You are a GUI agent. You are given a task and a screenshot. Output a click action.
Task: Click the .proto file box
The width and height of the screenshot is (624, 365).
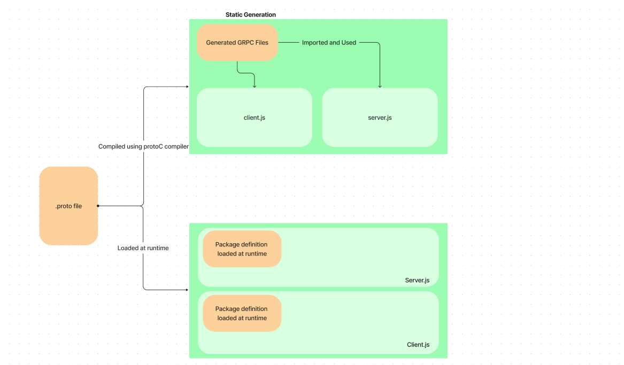(x=68, y=206)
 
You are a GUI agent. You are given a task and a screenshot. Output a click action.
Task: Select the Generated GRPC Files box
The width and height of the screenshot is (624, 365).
(x=237, y=42)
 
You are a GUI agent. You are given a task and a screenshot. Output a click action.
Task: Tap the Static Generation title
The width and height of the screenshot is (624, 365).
(x=250, y=14)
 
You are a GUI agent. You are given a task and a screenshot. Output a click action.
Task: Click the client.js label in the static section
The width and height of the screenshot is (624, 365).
(x=254, y=118)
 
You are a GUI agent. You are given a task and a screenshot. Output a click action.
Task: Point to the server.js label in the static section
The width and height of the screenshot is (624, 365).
(x=380, y=118)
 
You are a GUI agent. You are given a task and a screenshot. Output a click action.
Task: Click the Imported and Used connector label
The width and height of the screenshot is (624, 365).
(x=329, y=42)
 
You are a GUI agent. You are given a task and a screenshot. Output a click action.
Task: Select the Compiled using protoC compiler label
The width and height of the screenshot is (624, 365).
(x=143, y=146)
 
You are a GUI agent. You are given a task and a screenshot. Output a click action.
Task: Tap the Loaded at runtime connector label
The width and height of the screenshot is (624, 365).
(x=143, y=248)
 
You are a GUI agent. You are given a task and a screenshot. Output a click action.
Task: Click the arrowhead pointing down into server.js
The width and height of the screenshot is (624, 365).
(x=380, y=86)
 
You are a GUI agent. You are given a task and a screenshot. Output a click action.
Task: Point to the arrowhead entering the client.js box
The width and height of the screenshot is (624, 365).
(x=255, y=86)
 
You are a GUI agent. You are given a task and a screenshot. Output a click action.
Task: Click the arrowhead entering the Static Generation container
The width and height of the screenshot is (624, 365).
(x=187, y=87)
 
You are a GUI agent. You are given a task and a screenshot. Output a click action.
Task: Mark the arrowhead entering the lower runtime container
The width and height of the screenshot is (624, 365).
(x=187, y=290)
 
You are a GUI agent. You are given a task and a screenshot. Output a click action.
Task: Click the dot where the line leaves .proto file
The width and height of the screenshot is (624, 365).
(x=98, y=206)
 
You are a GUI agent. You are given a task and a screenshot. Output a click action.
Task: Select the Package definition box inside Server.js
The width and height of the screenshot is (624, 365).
(x=242, y=249)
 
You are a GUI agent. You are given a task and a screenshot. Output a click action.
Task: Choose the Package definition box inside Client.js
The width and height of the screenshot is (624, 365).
(x=242, y=313)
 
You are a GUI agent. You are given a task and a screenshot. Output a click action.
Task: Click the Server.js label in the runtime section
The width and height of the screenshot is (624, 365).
(x=417, y=280)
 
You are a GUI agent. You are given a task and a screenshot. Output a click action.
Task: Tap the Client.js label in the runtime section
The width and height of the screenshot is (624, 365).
(x=418, y=345)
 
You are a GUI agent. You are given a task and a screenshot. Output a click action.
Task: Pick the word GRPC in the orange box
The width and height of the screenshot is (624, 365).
(x=247, y=42)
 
